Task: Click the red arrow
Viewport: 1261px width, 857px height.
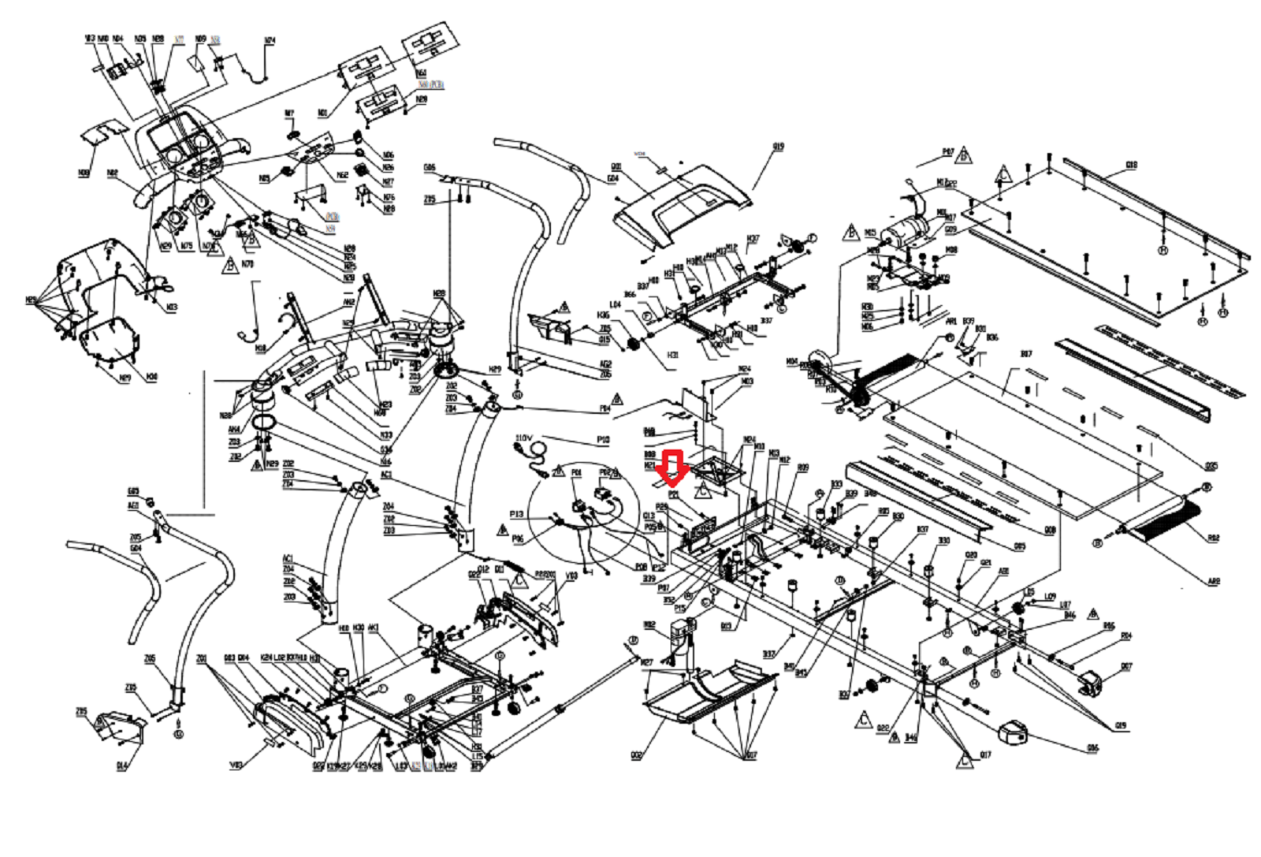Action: (x=672, y=469)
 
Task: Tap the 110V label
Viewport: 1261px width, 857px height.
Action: (x=524, y=438)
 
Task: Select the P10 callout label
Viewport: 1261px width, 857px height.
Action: (x=603, y=440)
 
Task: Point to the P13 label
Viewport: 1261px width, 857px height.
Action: (x=516, y=514)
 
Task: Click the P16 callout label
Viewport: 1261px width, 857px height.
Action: (x=518, y=538)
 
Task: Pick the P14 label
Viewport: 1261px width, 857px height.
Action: (x=604, y=409)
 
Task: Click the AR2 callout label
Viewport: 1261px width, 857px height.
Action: (x=1214, y=581)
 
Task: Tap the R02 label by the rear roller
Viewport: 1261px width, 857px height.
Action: (x=1213, y=538)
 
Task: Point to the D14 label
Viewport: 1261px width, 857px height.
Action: (x=121, y=766)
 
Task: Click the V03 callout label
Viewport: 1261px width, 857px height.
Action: (x=236, y=764)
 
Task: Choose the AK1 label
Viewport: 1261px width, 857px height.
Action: (x=374, y=628)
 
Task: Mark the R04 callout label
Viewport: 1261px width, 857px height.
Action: (x=1126, y=635)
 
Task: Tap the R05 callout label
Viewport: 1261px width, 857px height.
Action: (x=1109, y=626)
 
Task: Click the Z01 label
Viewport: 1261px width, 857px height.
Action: (x=202, y=658)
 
